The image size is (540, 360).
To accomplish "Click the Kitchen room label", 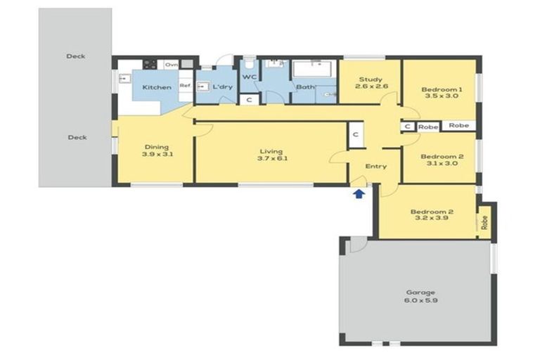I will tap(157, 87).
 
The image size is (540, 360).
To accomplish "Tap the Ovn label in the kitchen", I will tap(171, 64).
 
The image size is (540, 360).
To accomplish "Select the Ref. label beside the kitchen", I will tap(185, 86).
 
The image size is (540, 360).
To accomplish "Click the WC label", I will tap(250, 77).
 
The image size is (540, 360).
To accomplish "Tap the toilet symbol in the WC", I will tap(250, 65).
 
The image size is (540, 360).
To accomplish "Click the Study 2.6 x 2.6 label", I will tap(371, 83).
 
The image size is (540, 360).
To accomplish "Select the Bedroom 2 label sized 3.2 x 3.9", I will tap(431, 214).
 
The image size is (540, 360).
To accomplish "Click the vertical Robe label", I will tap(484, 221).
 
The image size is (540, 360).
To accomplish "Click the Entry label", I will tap(376, 167).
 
